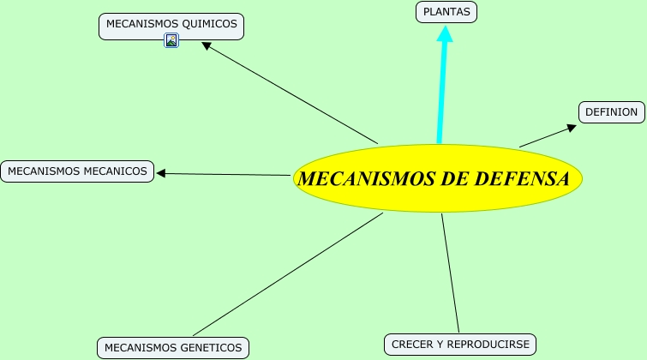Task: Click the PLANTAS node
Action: pyautogui.click(x=446, y=12)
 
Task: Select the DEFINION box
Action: pyautogui.click(x=611, y=112)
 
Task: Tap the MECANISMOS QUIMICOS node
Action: pyautogui.click(x=171, y=24)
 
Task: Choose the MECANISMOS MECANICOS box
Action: pyautogui.click(x=77, y=171)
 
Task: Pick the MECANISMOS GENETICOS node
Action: pyautogui.click(x=174, y=348)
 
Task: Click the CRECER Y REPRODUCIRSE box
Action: pyautogui.click(x=460, y=345)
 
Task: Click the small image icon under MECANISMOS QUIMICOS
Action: pyautogui.click(x=171, y=40)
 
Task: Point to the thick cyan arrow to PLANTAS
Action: pyautogui.click(x=442, y=86)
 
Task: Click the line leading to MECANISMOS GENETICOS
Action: pyautogui.click(x=287, y=274)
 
